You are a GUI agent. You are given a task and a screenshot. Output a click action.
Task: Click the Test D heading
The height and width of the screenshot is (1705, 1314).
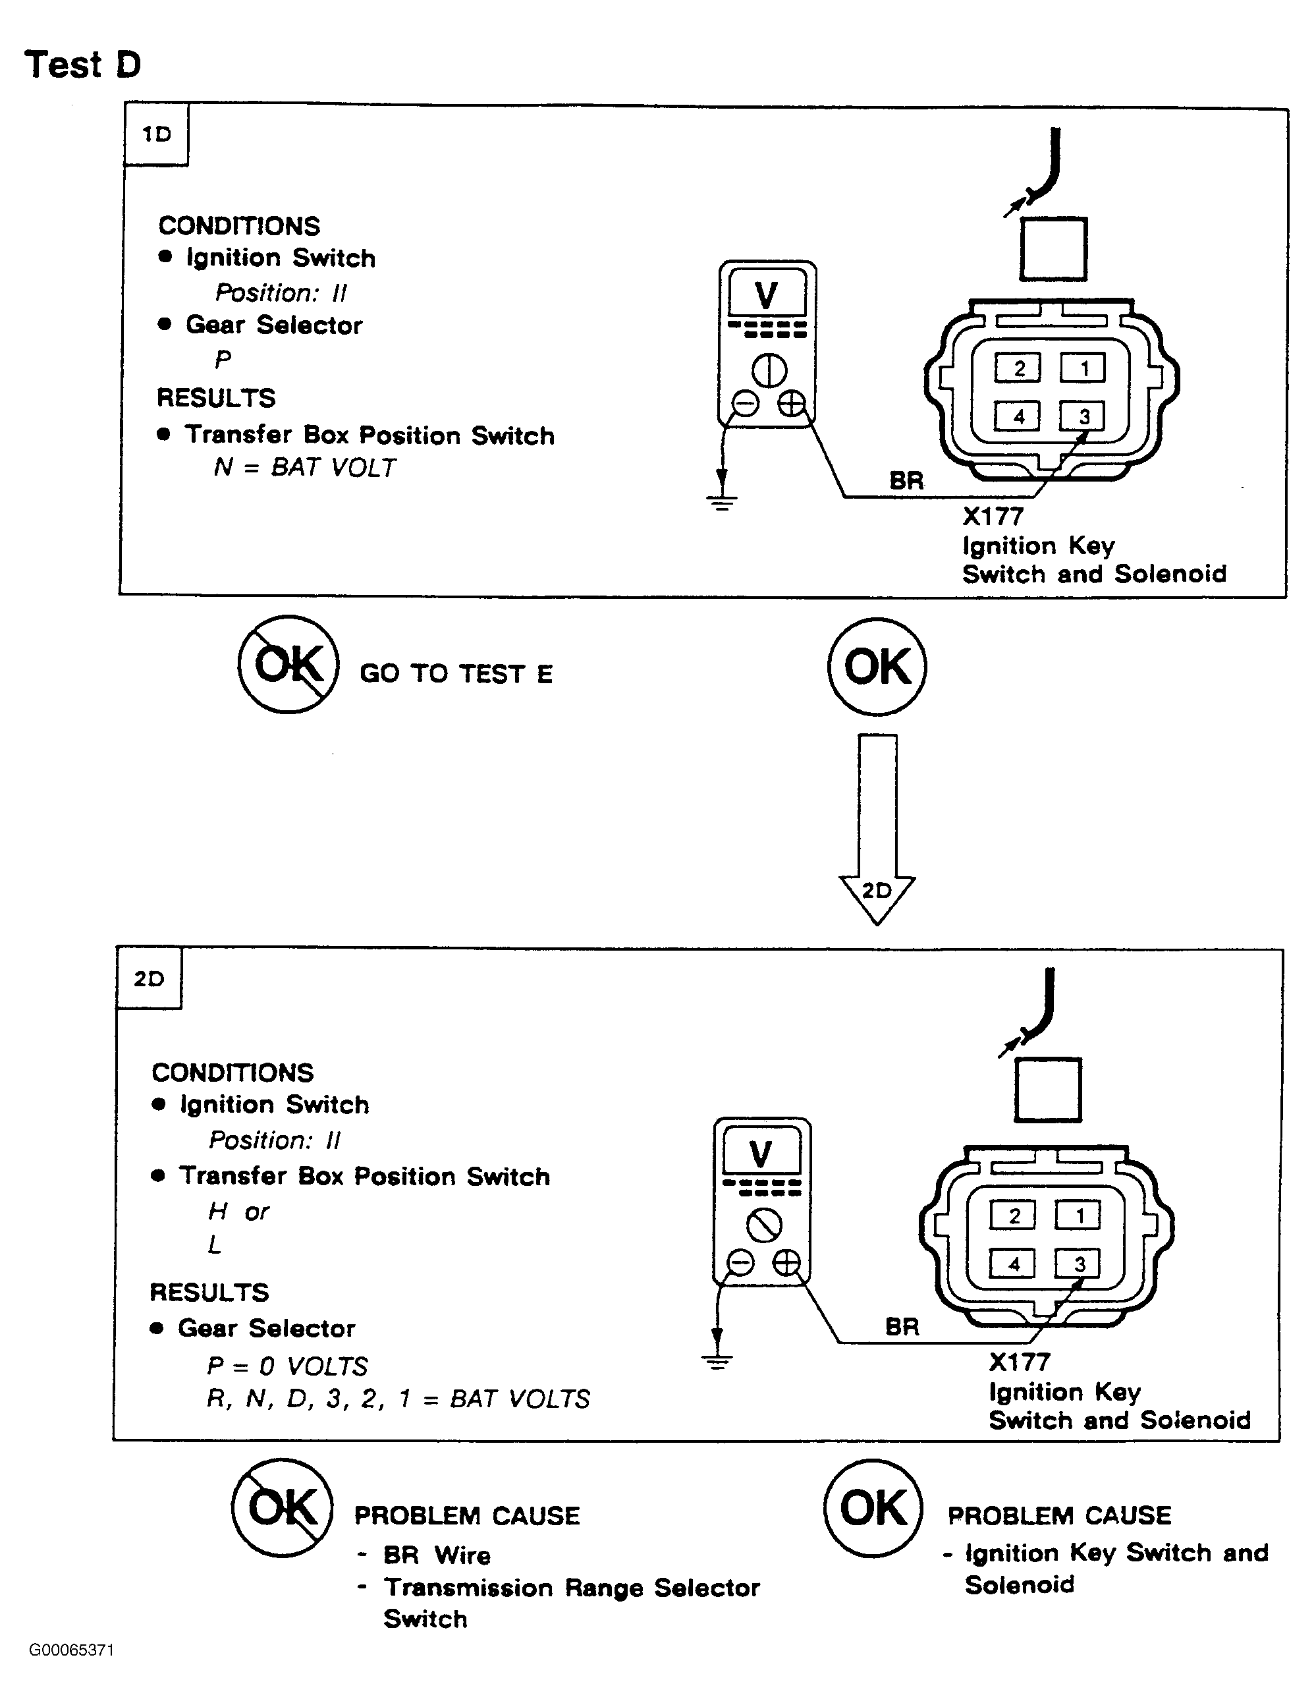83,64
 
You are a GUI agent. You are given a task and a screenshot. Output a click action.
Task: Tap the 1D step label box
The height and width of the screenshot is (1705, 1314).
156,134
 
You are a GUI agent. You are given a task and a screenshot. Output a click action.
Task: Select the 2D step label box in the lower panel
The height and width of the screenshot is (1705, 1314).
148,979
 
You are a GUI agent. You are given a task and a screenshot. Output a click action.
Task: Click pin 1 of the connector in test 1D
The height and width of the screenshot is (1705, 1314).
1082,368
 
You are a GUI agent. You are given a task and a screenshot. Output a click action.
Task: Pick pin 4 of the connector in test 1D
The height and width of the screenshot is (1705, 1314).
1018,416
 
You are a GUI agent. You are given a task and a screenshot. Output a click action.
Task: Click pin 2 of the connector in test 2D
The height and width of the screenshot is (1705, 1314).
1013,1216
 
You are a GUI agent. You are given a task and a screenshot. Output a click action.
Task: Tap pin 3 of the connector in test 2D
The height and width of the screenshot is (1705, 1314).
1078,1263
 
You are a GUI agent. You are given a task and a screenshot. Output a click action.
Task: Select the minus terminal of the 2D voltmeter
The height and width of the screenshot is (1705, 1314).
740,1262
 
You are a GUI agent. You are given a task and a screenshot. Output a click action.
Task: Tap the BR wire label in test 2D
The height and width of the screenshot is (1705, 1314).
902,1326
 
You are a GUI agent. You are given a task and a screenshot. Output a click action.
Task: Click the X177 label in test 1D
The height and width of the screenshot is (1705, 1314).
993,516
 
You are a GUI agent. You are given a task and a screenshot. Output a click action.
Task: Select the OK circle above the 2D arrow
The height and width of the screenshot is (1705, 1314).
877,667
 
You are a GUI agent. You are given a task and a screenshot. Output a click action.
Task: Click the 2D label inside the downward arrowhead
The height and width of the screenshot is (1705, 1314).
876,891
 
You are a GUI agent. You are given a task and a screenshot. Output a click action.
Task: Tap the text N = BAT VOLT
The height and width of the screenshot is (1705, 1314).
304,468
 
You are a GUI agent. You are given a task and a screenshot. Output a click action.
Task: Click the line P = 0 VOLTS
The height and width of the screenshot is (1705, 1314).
287,1366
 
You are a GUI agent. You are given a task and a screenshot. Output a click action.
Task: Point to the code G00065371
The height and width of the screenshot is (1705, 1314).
72,1650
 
